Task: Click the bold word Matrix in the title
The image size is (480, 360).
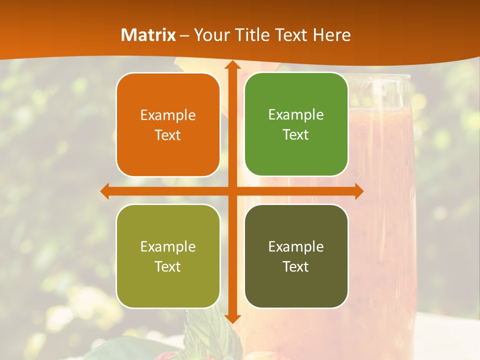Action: (148, 35)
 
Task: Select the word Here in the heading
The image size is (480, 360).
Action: (331, 35)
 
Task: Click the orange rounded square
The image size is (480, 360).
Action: (168, 124)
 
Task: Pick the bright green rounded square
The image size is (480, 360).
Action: (296, 124)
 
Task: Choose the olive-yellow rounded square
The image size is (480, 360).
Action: (168, 256)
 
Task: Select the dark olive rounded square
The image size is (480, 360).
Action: (296, 256)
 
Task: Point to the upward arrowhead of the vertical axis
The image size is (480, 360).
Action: (232, 64)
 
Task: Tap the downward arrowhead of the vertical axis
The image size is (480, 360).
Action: (232, 318)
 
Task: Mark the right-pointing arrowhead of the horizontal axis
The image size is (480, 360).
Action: (359, 191)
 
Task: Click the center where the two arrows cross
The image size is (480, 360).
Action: (232, 191)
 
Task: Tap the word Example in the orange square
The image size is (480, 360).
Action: (168, 115)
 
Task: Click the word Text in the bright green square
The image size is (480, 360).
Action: (296, 134)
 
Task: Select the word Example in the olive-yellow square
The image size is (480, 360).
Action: (168, 246)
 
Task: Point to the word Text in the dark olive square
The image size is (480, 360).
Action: (296, 266)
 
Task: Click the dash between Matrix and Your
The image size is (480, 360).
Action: (184, 35)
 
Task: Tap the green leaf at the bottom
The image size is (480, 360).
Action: (200, 335)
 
